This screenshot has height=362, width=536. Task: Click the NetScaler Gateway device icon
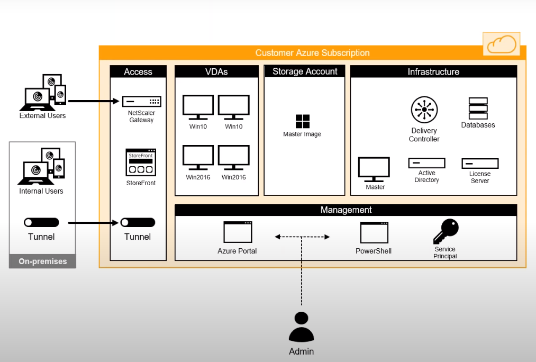[x=142, y=102]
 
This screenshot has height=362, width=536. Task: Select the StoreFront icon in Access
[x=141, y=162]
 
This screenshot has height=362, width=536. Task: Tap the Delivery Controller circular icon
[x=424, y=110]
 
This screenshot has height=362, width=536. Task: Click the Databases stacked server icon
[x=478, y=108]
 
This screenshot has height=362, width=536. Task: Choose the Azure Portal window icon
[x=238, y=232]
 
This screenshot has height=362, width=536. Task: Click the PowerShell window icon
[x=374, y=232]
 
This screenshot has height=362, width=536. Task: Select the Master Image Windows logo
[x=303, y=121]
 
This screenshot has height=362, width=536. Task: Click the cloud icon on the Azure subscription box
[x=501, y=44]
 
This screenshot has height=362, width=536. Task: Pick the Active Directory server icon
[x=426, y=163]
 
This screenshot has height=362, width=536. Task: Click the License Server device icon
[x=480, y=164]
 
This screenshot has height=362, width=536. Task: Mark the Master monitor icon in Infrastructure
[x=374, y=169]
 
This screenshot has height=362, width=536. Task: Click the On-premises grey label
[x=43, y=261]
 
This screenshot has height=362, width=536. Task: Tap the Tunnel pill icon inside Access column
[x=138, y=223]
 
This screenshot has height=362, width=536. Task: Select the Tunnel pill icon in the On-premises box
[x=41, y=223]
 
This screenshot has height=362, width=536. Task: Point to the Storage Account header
[x=305, y=71]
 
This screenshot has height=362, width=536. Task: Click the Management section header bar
[x=346, y=210]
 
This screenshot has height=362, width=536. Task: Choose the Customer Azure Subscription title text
[x=312, y=53]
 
